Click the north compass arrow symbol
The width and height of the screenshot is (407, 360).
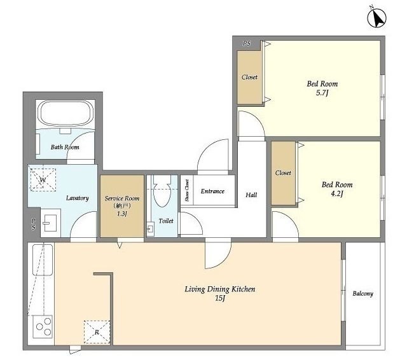[377, 18]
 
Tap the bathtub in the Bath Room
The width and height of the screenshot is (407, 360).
[66, 114]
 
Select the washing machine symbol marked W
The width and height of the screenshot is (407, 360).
[43, 179]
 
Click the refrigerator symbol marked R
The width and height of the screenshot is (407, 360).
[97, 332]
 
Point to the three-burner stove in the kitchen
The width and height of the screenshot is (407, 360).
[43, 326]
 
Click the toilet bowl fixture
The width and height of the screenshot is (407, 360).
[162, 193]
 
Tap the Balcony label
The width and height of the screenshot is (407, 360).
[362, 294]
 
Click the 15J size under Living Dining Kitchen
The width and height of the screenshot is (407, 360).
[219, 298]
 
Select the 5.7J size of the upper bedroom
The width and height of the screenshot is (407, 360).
[322, 93]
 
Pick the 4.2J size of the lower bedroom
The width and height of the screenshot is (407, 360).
[337, 193]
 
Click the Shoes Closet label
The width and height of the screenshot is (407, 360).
[187, 191]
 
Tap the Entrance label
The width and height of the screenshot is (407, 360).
[212, 191]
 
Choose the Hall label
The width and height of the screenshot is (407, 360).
[251, 195]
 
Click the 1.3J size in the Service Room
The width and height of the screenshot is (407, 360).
[121, 214]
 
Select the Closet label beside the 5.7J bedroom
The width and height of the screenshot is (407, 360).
[249, 77]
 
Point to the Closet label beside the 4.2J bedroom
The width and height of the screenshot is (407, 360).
[283, 173]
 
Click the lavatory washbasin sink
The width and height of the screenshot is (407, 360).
[50, 223]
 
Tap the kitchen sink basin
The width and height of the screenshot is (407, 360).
[43, 260]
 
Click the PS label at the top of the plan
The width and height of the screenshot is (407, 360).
[247, 43]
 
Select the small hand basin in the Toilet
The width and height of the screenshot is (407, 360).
[151, 229]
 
